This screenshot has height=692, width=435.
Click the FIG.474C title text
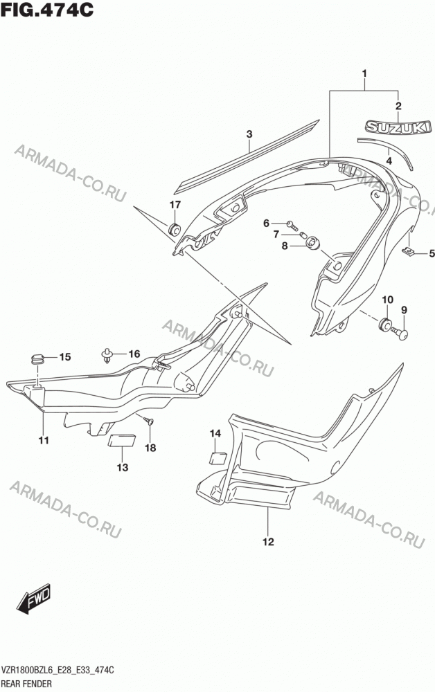[x=47, y=9]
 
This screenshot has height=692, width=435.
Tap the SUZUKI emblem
[x=398, y=127]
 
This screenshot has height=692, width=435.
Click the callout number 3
[x=249, y=134]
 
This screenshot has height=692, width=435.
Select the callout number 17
[x=175, y=205]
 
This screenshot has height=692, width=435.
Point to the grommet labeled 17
[x=175, y=229]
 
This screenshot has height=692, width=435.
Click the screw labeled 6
[x=292, y=226]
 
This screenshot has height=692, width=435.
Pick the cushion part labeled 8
[x=313, y=243]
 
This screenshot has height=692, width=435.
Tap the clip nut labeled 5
[x=409, y=252]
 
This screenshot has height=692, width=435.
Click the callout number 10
[x=387, y=300]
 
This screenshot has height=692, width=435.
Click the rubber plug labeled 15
[x=38, y=358]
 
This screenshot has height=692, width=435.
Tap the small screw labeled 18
[x=149, y=421]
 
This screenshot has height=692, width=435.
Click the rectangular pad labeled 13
[x=122, y=440]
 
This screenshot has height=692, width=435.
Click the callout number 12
[x=269, y=542]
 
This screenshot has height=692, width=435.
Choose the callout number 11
[x=44, y=440]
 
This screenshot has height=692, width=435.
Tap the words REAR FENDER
[x=26, y=684]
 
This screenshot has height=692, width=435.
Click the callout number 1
[x=364, y=73]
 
